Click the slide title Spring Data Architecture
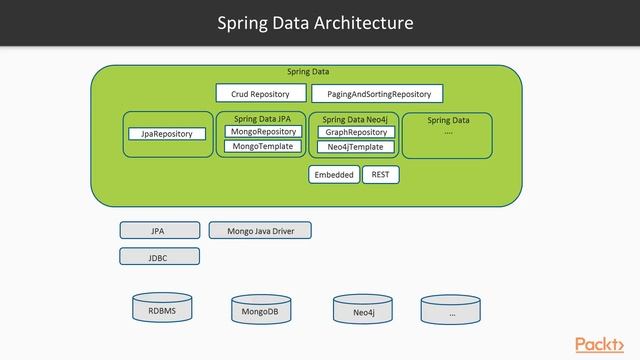315,22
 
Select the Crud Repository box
260,94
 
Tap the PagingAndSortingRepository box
378,94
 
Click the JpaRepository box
166,134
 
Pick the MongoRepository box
263,132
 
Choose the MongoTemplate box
263,147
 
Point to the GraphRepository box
356,132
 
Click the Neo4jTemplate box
356,147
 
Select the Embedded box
334,175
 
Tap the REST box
380,174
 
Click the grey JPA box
159,231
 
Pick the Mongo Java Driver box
260,231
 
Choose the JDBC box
159,256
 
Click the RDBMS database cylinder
161,310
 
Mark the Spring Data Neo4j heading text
355,119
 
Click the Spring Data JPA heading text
262,119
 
